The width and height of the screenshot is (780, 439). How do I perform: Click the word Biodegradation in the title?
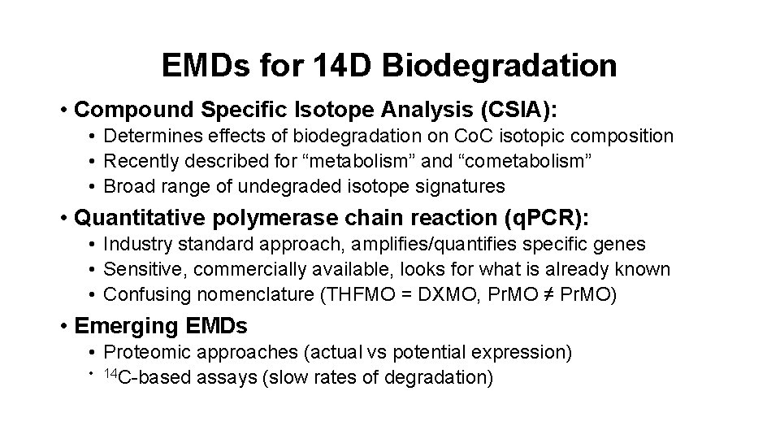499,66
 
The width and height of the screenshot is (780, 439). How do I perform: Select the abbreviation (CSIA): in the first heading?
518,109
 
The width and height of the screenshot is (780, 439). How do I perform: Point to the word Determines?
151,136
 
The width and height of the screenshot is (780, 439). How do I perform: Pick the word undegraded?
283,186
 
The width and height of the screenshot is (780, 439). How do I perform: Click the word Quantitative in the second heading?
139,218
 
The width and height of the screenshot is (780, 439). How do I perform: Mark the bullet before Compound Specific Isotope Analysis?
63,109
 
